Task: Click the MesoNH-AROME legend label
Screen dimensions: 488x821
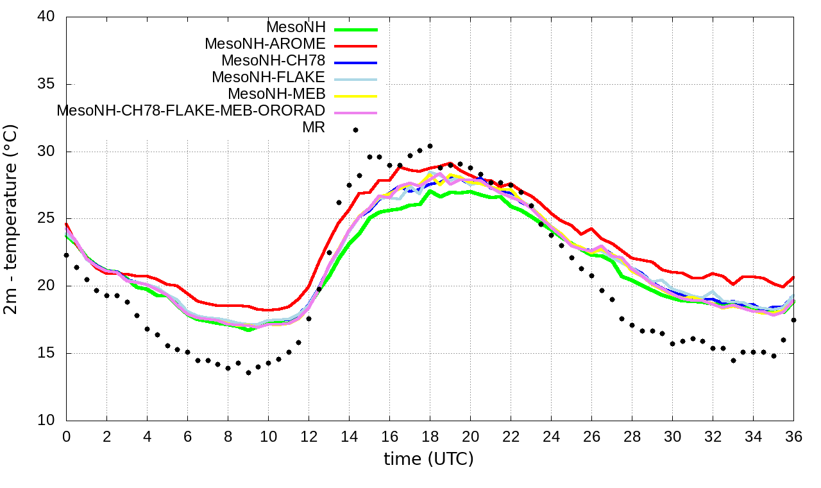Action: click(x=265, y=44)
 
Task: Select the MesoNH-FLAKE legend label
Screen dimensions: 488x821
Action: click(x=269, y=77)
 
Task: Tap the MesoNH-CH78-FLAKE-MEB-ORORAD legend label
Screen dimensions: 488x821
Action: click(x=191, y=110)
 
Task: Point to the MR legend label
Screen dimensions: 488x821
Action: click(x=314, y=127)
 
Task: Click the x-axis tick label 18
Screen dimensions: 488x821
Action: click(x=430, y=437)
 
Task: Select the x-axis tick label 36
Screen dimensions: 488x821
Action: click(x=793, y=437)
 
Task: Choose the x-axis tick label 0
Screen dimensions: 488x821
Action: click(x=66, y=437)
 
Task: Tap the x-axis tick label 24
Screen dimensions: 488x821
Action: click(x=551, y=437)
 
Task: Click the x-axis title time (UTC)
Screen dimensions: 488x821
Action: click(x=428, y=459)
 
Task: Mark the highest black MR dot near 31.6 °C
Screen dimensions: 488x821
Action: click(x=355, y=130)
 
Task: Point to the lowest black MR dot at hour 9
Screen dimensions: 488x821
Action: click(x=248, y=372)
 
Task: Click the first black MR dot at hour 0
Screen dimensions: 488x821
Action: click(x=66, y=255)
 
